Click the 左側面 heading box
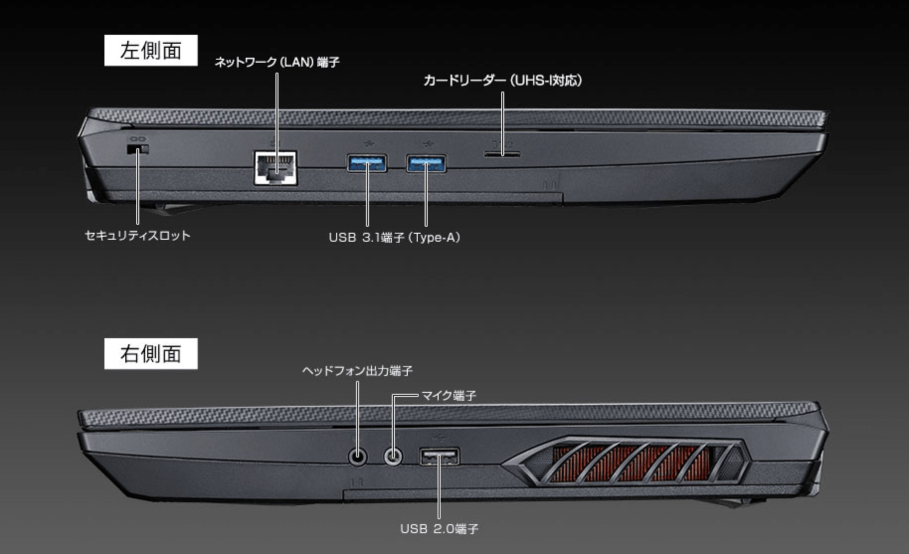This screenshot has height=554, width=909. click(x=151, y=50)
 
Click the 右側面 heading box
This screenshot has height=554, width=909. click(x=151, y=354)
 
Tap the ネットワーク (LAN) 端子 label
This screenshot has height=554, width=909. click(x=277, y=62)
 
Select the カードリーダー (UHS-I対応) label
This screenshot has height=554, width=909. click(x=502, y=81)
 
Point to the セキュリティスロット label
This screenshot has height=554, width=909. click(x=138, y=235)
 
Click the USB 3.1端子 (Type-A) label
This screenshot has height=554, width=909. click(x=394, y=237)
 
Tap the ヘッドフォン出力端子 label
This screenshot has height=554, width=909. click(x=357, y=371)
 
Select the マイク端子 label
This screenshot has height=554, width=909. click(x=449, y=395)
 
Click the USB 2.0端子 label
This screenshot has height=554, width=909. click(x=439, y=528)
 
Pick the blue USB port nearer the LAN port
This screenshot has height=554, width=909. click(x=367, y=163)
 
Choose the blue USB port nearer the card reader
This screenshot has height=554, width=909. click(x=426, y=163)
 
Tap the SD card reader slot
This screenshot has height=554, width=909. click(x=502, y=155)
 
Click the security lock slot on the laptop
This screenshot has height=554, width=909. click(x=138, y=150)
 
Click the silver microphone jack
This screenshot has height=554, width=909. click(x=393, y=456)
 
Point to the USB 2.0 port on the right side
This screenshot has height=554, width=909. click(x=439, y=457)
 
